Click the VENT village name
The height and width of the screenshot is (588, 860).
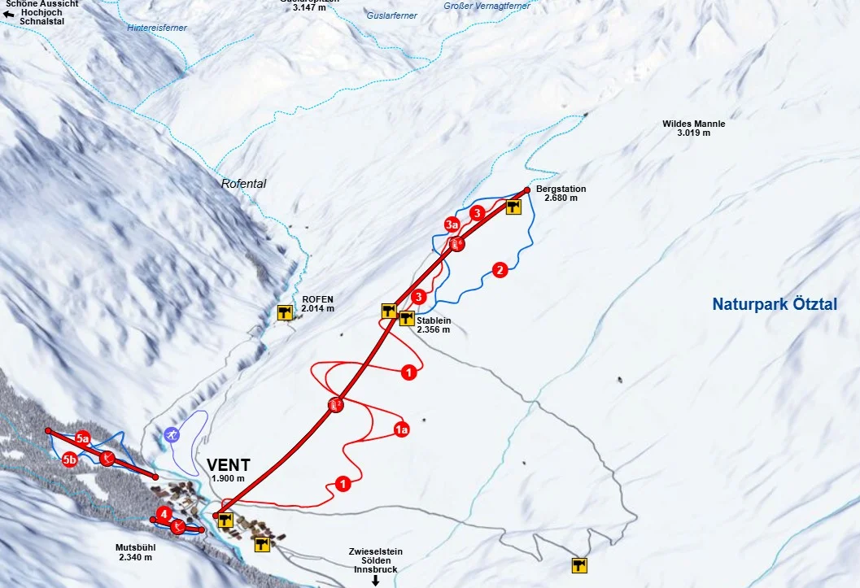pyautogui.click(x=228, y=465)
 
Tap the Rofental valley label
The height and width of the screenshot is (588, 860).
pyautogui.click(x=243, y=184)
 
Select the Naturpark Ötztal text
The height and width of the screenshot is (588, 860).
pyautogui.click(x=774, y=304)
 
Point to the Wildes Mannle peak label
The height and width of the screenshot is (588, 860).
pyautogui.click(x=693, y=124)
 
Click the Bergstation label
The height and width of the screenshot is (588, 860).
pyautogui.click(x=561, y=189)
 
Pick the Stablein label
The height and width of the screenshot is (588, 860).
pyautogui.click(x=433, y=320)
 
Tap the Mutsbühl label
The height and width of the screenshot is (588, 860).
pyautogui.click(x=135, y=547)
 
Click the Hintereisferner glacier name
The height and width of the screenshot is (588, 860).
pyautogui.click(x=157, y=28)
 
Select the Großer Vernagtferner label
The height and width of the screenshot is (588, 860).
pyautogui.click(x=487, y=6)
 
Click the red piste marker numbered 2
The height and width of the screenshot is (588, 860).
pyautogui.click(x=500, y=269)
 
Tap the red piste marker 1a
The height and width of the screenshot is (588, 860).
pyautogui.click(x=400, y=429)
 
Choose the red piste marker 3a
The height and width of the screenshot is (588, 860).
pyautogui.click(x=452, y=224)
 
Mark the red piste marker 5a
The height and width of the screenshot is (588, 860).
pyautogui.click(x=82, y=438)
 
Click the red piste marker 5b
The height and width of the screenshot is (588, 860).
pyautogui.click(x=70, y=460)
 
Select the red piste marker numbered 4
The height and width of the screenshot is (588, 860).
pyautogui.click(x=164, y=514)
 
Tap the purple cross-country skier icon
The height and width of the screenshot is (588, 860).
pyautogui.click(x=171, y=435)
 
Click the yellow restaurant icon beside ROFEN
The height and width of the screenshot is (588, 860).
pyautogui.click(x=285, y=311)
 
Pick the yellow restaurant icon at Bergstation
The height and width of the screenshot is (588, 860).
pyautogui.click(x=513, y=207)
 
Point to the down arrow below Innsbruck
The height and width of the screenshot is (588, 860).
pyautogui.click(x=376, y=581)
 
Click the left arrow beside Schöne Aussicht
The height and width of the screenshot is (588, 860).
pyautogui.click(x=9, y=14)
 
